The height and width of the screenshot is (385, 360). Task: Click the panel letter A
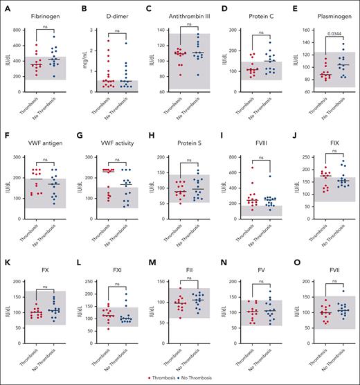[x=6, y=8]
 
